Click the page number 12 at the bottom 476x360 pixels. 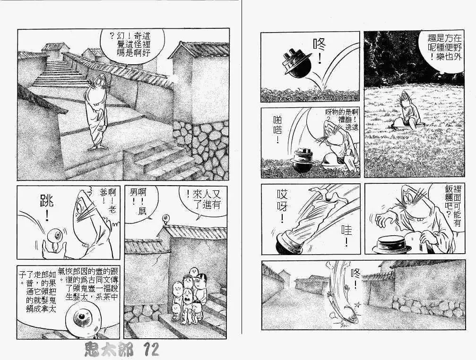(x=148, y=350)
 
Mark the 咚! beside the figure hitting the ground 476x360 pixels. (x=355, y=281)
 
